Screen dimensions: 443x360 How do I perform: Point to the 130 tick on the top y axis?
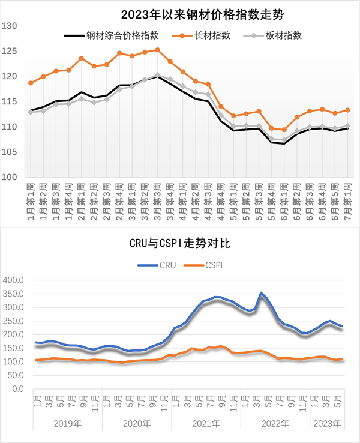click(9, 26)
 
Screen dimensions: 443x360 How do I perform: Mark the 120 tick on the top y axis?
click(9, 76)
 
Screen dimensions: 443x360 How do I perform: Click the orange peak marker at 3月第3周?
click(157, 50)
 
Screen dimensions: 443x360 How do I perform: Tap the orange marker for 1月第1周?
click(31, 83)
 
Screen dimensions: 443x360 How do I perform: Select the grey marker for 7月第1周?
click(347, 126)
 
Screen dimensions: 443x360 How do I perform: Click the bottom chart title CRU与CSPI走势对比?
click(181, 244)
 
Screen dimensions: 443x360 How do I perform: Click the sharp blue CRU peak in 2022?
click(260, 293)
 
